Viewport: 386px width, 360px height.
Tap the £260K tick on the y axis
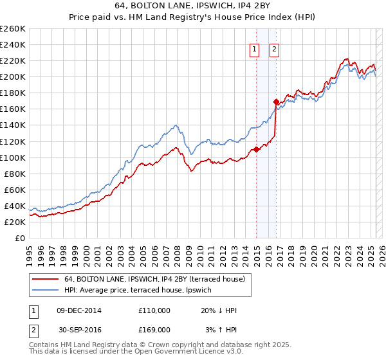pos(13,29)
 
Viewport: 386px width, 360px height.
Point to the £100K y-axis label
pos(13,157)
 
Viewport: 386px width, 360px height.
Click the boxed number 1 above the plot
pos(254,50)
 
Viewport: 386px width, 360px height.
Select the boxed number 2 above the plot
pos(274,50)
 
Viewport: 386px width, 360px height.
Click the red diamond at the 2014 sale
pos(257,149)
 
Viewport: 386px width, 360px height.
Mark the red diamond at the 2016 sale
pos(276,102)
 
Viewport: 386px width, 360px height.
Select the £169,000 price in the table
pos(154,330)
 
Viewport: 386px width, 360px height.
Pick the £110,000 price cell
pos(154,310)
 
